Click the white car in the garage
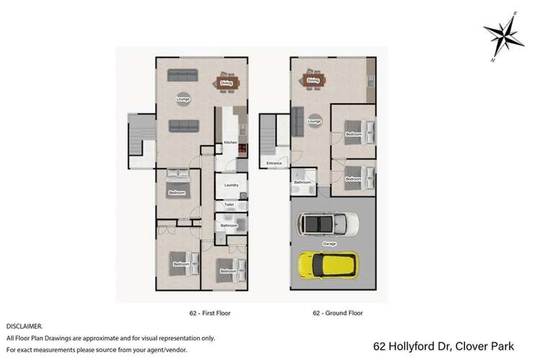[328, 224]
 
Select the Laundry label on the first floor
[231, 185]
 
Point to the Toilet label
[229, 205]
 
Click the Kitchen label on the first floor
[230, 143]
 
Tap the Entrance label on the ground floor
[273, 164]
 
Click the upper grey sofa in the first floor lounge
[183, 74]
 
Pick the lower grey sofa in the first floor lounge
[183, 126]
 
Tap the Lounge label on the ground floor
[314, 121]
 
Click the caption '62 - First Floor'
[208, 313]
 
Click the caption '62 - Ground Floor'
[337, 313]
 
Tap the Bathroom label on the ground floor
[302, 183]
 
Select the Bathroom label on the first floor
[229, 226]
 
